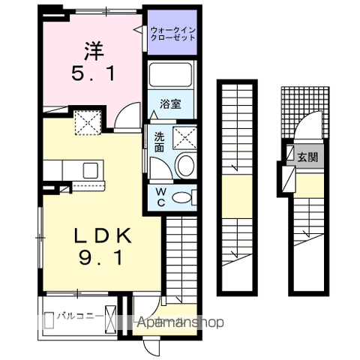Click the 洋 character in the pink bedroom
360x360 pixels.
click(94, 51)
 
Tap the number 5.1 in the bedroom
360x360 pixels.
click(94, 73)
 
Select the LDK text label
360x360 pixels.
click(103, 235)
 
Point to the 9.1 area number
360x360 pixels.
click(101, 257)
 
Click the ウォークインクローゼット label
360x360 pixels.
click(172, 34)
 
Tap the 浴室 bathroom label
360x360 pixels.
click(170, 104)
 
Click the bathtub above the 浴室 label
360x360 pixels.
click(171, 75)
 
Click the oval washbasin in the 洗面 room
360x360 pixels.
click(186, 166)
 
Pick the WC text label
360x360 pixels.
click(160, 197)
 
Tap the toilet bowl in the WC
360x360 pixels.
click(182, 197)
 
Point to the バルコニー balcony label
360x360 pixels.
click(80, 316)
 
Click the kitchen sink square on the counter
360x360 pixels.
click(91, 170)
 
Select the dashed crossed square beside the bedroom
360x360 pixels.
click(88, 123)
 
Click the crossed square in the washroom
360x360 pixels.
click(184, 138)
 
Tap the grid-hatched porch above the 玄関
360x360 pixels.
click(305, 112)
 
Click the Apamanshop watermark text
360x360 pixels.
click(180, 322)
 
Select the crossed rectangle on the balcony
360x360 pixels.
click(110, 319)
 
